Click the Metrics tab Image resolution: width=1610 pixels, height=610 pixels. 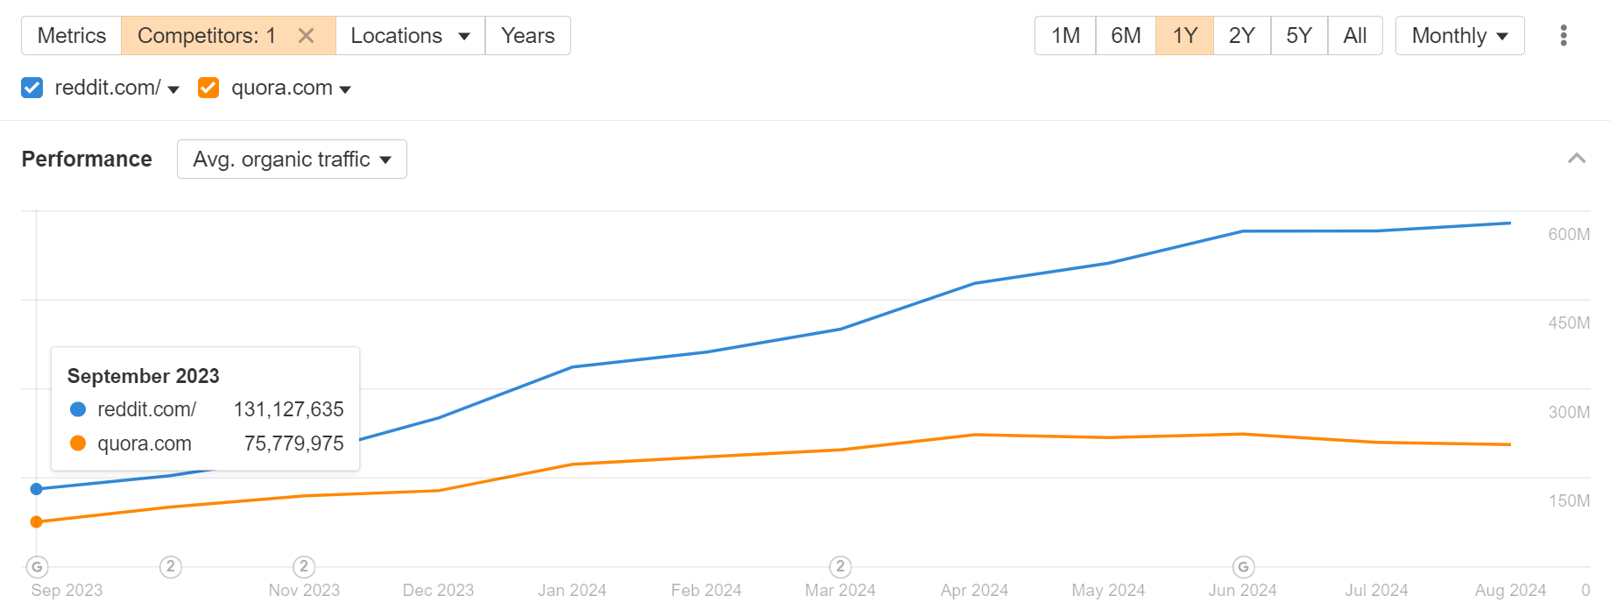[71, 36]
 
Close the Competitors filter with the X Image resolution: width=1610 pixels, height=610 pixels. [306, 36]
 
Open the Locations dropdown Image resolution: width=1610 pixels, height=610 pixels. [410, 36]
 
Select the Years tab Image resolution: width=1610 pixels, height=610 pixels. [527, 36]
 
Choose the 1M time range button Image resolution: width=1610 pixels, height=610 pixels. [1065, 36]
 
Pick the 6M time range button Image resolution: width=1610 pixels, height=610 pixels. [1126, 36]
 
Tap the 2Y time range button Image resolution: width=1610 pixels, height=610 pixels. [1241, 36]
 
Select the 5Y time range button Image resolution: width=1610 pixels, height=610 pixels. [1298, 36]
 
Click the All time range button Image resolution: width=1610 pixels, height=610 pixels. [1354, 36]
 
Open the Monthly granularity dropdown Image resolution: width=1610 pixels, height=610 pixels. [1459, 36]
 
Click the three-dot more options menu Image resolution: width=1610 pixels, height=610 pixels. [1564, 36]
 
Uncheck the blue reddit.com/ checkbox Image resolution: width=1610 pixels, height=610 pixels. [32, 88]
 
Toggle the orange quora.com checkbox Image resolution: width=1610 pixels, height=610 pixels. [208, 88]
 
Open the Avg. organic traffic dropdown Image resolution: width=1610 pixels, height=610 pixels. [292, 160]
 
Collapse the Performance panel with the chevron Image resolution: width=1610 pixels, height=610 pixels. [1576, 159]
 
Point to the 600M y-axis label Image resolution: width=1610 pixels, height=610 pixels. [1568, 234]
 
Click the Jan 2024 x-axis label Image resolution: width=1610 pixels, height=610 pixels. [572, 590]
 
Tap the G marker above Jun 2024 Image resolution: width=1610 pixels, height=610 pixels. [1243, 567]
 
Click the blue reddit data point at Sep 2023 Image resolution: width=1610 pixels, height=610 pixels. [37, 489]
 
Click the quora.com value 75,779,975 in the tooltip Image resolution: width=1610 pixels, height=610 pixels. [293, 443]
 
